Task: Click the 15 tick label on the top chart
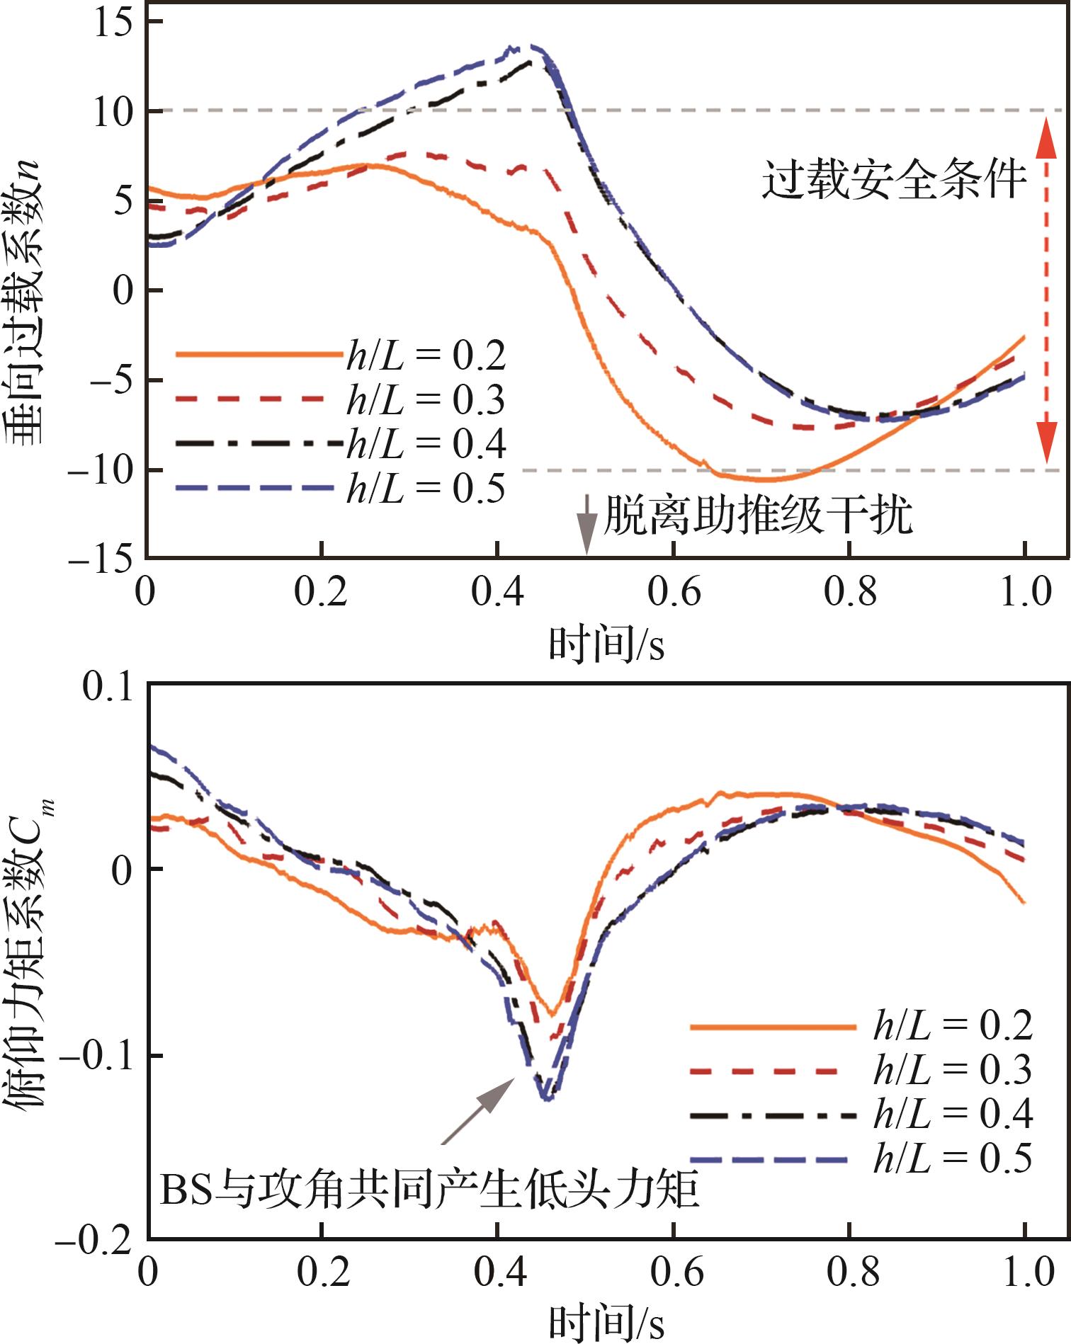113,23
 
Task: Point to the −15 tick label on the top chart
101,559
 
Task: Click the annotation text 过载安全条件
894,180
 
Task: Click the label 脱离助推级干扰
757,515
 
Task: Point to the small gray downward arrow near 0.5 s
586,523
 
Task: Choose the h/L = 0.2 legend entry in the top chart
341,354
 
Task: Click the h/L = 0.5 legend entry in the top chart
341,489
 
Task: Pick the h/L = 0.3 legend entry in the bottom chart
861,1070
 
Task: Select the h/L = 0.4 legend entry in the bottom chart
861,1115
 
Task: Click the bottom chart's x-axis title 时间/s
607,1321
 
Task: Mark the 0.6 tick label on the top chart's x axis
674,592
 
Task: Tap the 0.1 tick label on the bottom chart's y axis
108,686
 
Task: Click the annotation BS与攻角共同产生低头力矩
430,1190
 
